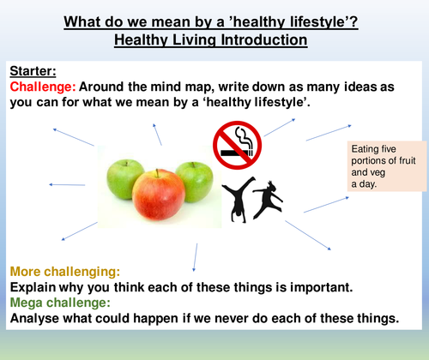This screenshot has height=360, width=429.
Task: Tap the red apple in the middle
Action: pos(158,192)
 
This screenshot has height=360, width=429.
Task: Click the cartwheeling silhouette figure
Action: pos(236,196)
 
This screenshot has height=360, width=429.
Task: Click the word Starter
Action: pos(33,70)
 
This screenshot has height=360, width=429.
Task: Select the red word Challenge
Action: pos(41,87)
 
